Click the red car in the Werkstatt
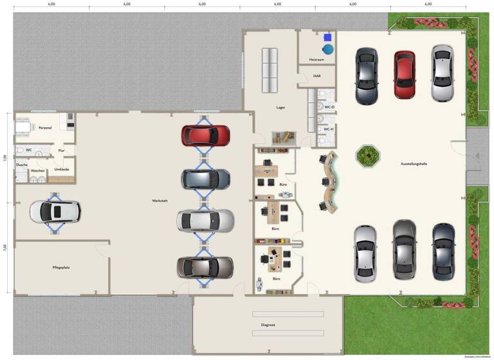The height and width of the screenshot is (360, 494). tap(205, 135)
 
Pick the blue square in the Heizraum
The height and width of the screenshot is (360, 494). tap(327, 37)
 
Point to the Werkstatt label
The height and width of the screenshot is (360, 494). tap(160, 201)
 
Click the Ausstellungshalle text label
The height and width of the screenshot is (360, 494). tap(414, 164)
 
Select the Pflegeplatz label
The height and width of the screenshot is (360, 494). tap(61, 267)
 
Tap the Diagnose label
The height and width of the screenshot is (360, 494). tap(268, 325)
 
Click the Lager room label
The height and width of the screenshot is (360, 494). tap(280, 108)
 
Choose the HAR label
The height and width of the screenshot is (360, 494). tap(316, 76)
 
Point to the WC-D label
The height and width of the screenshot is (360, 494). tap(329, 107)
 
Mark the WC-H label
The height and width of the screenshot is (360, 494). tap(329, 129)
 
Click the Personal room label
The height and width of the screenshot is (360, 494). tap(45, 127)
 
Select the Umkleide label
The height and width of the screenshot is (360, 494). tap(62, 169)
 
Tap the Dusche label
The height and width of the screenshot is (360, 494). tap(22, 165)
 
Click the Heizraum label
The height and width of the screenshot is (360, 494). tap(316, 60)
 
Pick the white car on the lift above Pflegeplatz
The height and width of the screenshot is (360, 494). tap(55, 211)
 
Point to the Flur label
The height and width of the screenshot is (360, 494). tap(62, 150)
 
